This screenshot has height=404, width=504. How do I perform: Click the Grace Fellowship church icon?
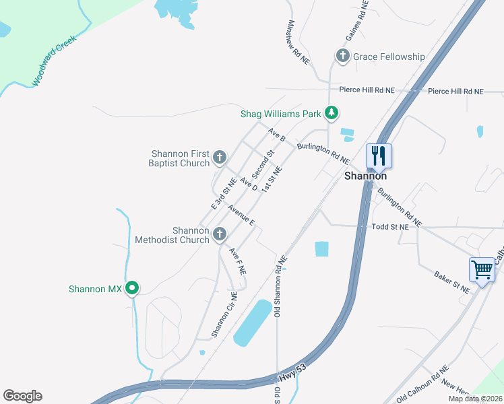tap(342, 57)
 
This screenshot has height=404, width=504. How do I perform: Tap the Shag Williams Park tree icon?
tap(331, 113)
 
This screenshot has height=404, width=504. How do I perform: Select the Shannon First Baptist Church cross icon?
tap(219, 158)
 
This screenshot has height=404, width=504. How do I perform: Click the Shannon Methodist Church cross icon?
tap(219, 234)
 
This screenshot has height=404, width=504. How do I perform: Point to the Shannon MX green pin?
tap(133, 289)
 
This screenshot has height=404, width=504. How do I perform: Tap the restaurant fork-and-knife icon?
tap(378, 156)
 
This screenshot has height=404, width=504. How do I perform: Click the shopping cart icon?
tap(482, 269)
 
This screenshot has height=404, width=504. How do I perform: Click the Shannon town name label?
tap(365, 176)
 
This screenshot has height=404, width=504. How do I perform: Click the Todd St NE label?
tap(390, 228)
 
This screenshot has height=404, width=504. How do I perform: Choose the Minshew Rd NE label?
tap(297, 42)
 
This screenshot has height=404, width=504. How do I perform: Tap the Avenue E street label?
tap(241, 214)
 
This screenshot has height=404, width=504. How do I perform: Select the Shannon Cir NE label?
tap(224, 314)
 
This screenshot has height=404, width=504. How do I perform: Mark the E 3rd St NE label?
tap(224, 193)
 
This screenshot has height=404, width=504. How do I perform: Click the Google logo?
tap(22, 396)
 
